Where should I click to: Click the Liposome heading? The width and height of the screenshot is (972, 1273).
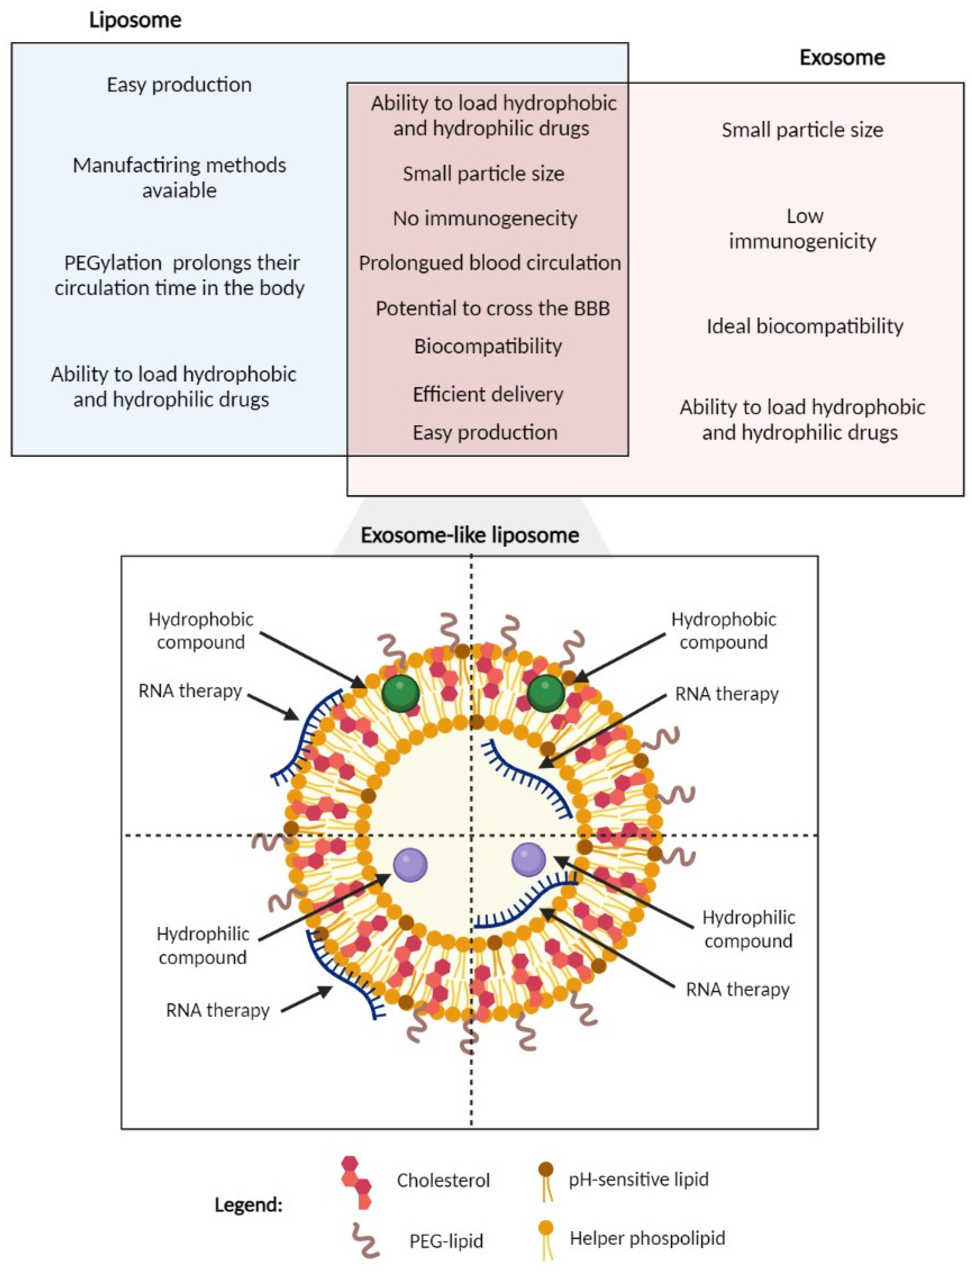[135, 20]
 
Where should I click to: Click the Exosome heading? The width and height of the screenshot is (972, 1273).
[842, 57]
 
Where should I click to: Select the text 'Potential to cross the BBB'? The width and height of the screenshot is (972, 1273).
[492, 308]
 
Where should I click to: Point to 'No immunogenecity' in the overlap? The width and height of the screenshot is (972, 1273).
[485, 218]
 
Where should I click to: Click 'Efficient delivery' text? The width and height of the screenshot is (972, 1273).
[488, 394]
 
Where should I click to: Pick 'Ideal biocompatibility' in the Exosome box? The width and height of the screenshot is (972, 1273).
[804, 326]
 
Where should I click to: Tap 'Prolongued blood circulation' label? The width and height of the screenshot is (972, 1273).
[489, 263]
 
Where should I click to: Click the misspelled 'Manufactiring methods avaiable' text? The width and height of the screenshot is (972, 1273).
[179, 177]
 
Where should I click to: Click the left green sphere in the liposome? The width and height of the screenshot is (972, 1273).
[401, 692]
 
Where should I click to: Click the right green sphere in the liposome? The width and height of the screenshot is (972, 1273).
[545, 692]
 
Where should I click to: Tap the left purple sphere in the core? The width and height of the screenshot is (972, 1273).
[410, 865]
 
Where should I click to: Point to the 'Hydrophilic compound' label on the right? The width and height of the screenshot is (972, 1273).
[748, 929]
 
